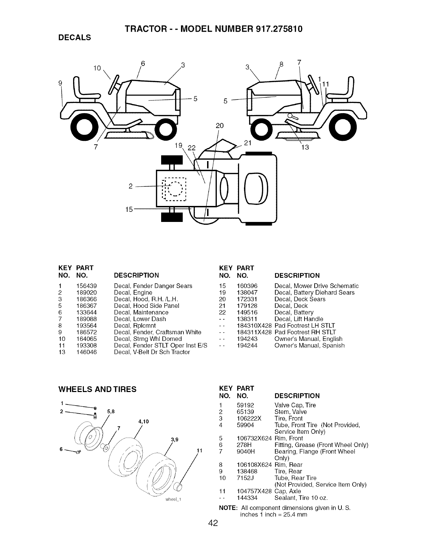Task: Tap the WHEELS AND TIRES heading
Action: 97,389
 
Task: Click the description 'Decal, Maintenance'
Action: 141,312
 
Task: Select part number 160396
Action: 247,286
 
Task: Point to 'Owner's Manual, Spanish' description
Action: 309,345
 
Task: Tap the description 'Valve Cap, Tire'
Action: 290,405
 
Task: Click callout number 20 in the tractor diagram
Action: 219,126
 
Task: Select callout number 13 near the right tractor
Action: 305,147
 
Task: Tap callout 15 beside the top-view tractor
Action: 128,210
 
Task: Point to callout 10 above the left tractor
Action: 97,68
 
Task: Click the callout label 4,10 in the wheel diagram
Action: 143,422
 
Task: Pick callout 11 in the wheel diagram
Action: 199,451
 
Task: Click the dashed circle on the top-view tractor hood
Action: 174,190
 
